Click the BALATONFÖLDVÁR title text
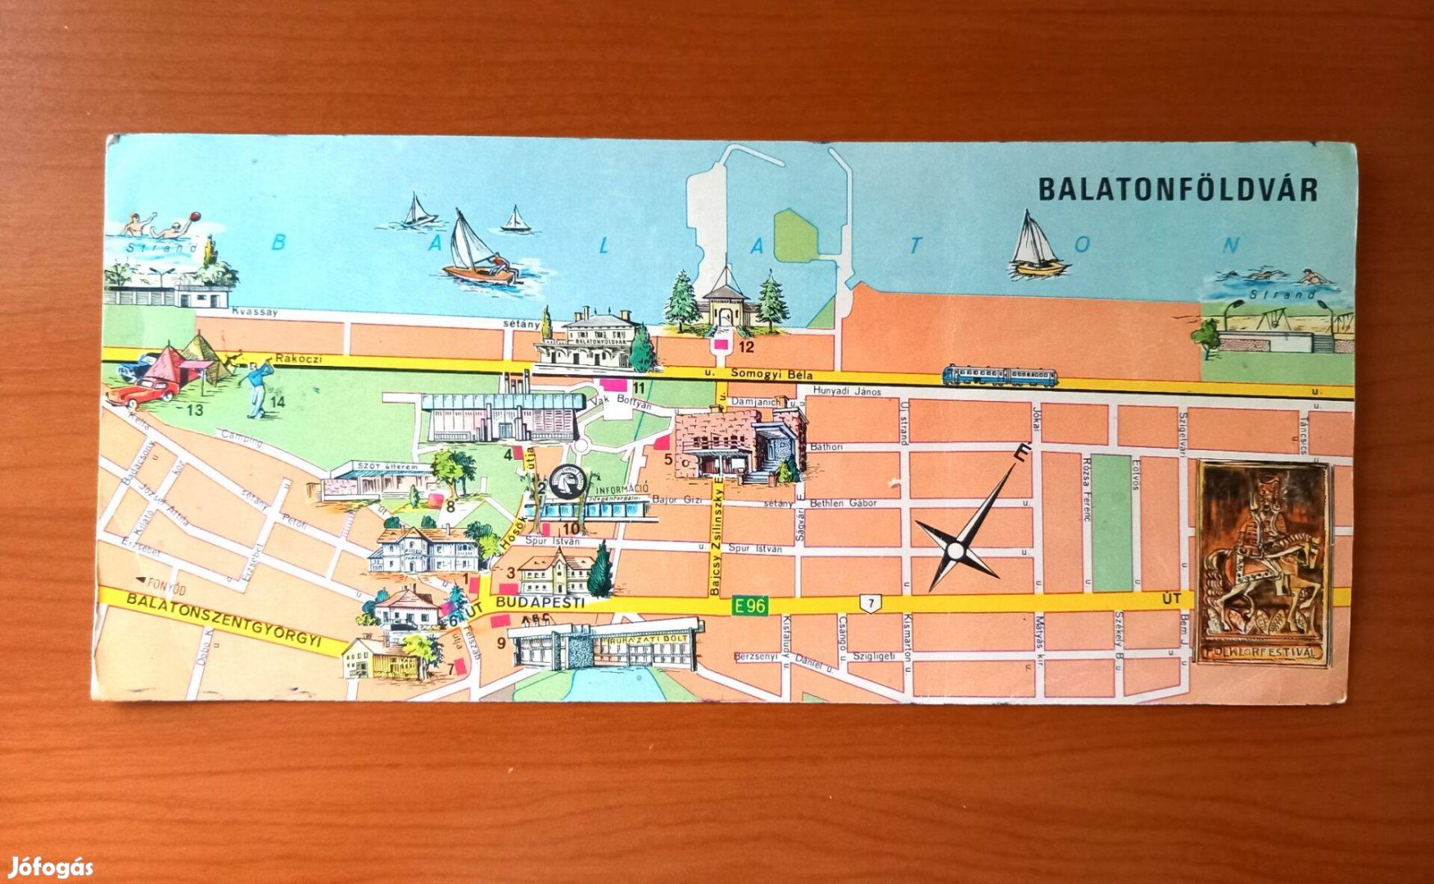[x=1178, y=189]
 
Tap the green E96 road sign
[x=749, y=606]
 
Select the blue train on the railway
[x=999, y=376]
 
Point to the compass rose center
[x=957, y=548]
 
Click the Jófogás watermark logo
[x=51, y=867]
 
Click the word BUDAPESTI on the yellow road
[x=541, y=602]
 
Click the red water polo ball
[x=194, y=216]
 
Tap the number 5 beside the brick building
[x=667, y=460]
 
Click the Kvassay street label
[x=255, y=312]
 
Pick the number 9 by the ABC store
[x=501, y=643]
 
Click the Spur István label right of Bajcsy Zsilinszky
[x=751, y=548]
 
